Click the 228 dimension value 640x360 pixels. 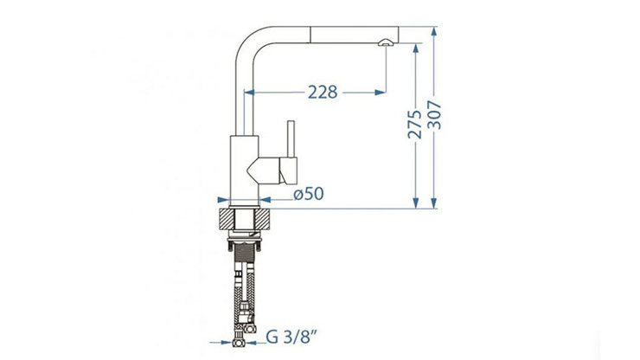(323, 93)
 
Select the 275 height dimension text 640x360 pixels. (414, 125)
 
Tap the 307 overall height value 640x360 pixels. (434, 115)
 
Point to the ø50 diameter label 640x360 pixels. (309, 194)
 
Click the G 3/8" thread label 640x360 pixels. (291, 337)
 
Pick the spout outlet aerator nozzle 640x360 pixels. (386, 42)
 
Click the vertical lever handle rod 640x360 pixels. (291, 139)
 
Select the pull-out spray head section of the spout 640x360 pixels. (355, 35)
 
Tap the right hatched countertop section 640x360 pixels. (263, 219)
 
